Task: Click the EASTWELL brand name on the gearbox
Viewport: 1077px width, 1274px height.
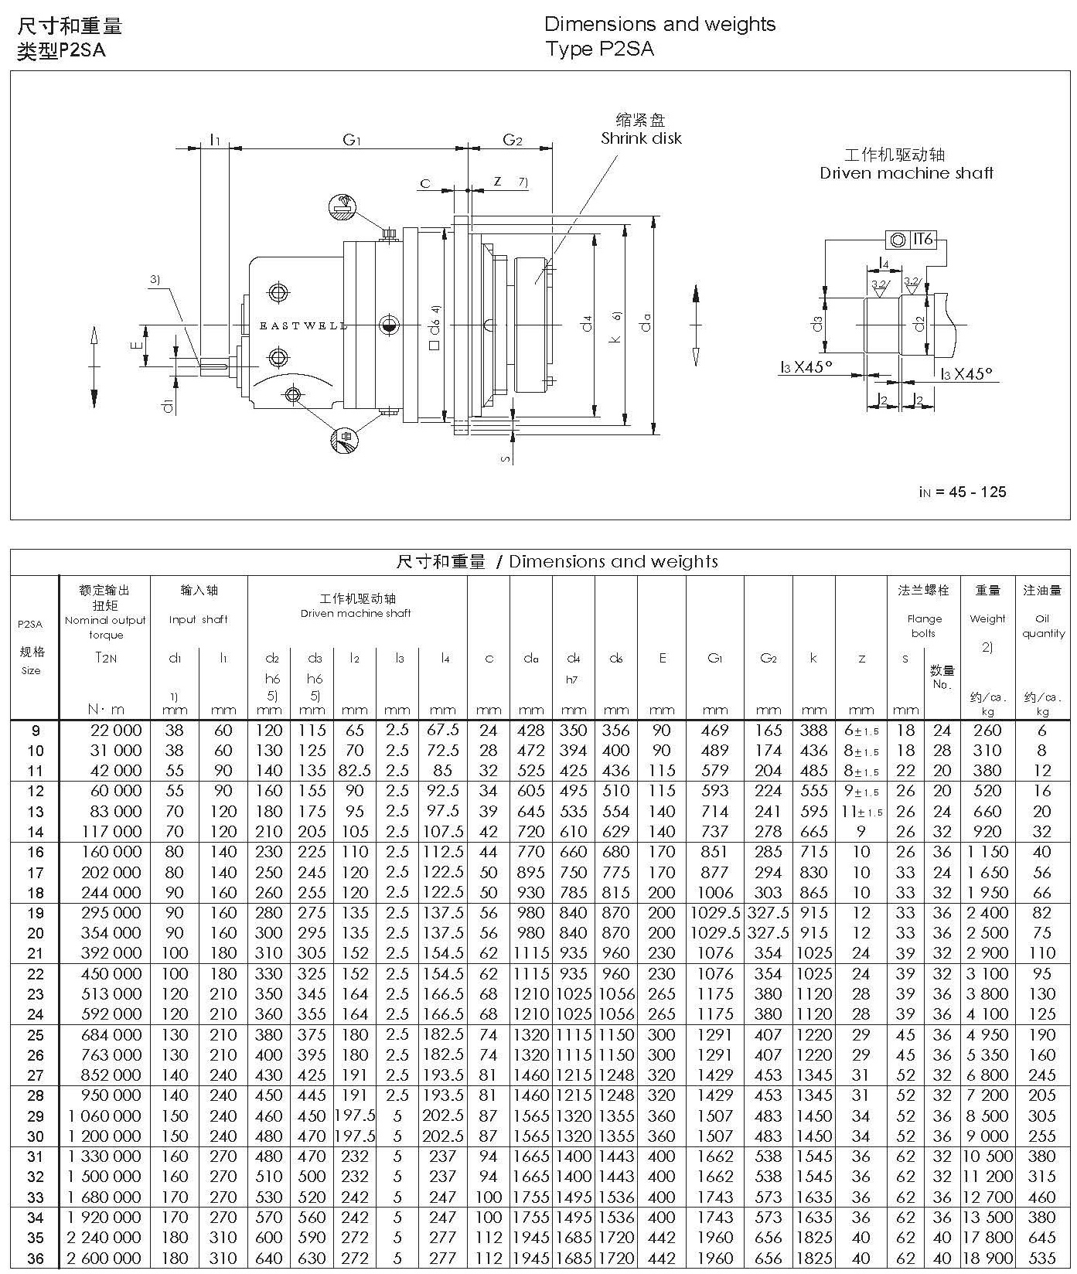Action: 303,326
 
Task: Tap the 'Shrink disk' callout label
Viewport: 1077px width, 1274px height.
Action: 641,138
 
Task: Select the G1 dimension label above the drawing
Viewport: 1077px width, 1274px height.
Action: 353,140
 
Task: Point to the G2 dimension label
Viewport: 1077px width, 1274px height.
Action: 513,140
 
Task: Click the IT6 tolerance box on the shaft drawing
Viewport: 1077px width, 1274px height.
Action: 923,240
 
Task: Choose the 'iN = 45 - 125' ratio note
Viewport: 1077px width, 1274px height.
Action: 963,492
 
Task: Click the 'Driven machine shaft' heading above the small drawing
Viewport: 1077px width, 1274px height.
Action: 906,173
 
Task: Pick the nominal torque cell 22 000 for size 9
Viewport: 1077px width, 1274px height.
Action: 111,731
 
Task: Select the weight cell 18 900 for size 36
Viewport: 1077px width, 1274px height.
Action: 987,1259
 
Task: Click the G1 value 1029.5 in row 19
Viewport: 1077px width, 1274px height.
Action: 715,913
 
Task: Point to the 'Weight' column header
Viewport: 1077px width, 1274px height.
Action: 987,618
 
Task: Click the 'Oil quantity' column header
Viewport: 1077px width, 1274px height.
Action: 1043,625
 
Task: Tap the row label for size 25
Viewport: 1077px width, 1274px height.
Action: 36,1035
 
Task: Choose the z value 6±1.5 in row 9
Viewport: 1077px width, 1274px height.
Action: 861,731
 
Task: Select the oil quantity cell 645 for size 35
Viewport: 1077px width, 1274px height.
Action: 1042,1238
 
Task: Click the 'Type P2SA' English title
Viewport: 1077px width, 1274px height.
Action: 599,49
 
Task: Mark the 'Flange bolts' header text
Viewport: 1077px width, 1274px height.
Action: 924,625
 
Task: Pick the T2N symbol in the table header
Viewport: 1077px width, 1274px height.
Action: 106,658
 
